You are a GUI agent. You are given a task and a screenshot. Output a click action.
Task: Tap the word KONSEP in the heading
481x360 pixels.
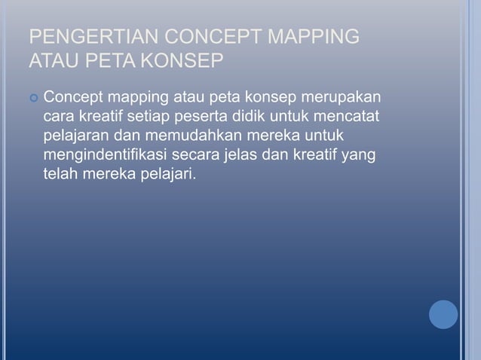[181, 59]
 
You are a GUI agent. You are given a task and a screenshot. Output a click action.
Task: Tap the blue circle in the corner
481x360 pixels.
[443, 314]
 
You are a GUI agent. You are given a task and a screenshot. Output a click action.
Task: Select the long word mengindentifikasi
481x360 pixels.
[104, 156]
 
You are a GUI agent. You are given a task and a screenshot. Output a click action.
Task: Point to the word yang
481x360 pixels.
[360, 157]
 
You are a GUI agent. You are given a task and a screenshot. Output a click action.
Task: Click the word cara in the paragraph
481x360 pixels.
[58, 118]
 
